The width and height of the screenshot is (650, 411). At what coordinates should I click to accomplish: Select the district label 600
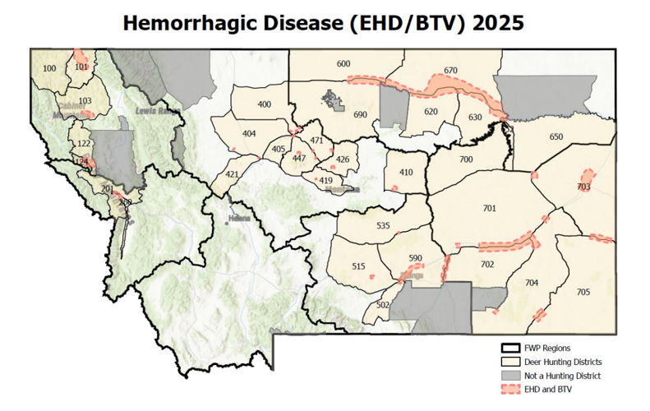[x=343, y=64]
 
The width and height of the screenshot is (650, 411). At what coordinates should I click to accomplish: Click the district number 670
[x=450, y=72]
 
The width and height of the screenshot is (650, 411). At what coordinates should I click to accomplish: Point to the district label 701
[x=490, y=209]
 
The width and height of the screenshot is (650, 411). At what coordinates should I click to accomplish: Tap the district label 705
[x=583, y=293]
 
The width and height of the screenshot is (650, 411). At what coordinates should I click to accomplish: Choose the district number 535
[x=383, y=225]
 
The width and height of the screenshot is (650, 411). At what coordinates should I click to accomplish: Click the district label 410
[x=406, y=173]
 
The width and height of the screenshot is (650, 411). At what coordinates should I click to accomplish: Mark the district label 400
[x=264, y=104]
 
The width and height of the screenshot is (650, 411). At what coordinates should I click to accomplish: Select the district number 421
[x=233, y=174]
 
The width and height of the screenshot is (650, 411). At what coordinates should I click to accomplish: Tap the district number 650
[x=556, y=136]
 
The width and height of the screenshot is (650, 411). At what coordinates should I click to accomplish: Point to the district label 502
[x=382, y=305]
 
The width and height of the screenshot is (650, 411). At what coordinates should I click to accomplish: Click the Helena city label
[x=238, y=220]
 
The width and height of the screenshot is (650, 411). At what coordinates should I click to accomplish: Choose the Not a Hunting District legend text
[x=566, y=375]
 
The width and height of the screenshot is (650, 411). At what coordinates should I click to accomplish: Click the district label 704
[x=532, y=283]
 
